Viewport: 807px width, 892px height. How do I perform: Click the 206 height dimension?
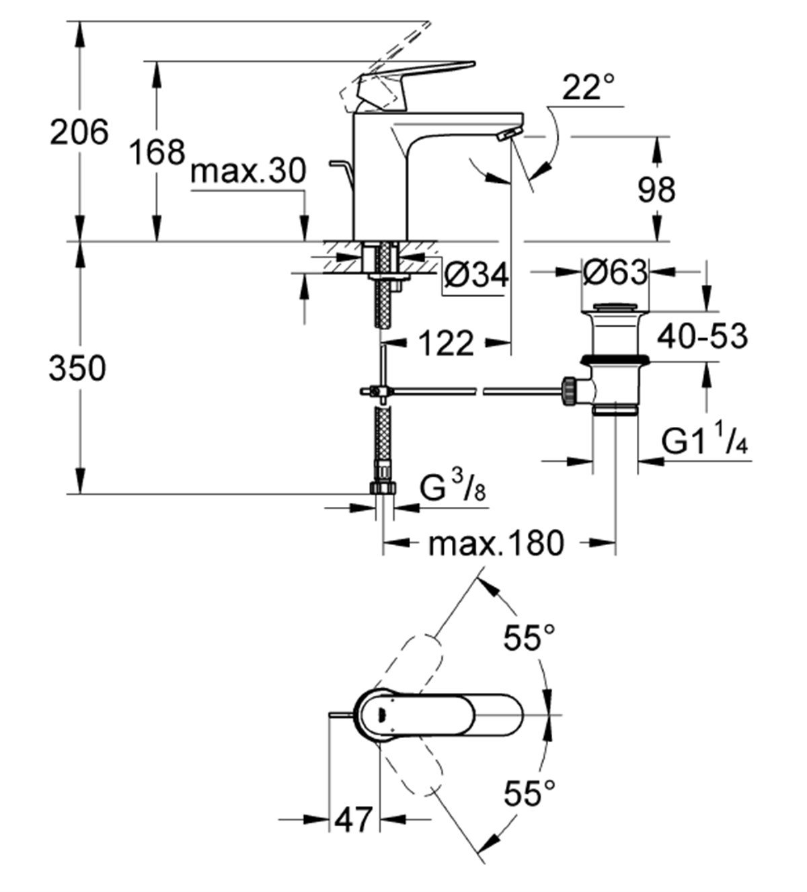79,132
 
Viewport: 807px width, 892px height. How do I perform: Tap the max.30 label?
248,171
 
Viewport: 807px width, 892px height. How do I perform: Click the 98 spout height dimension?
656,190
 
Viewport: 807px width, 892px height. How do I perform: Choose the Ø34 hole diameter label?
476,275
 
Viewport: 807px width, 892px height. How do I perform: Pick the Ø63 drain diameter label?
615,272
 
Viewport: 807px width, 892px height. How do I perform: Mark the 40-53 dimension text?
701,335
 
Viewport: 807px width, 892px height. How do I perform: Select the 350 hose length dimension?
77,369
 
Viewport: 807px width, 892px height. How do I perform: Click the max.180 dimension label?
495,543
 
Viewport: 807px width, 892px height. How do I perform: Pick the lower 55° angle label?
530,794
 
